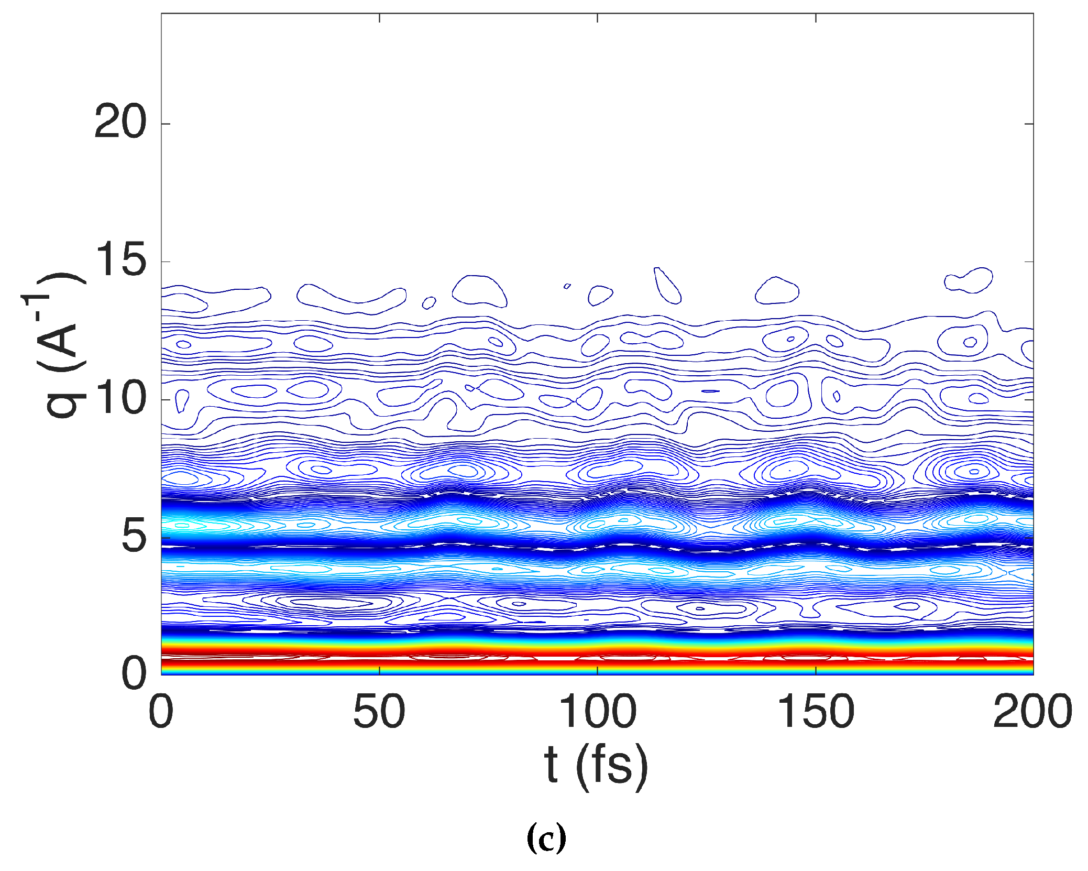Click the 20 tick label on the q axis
pos(119,124)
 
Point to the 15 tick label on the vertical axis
pos(119,262)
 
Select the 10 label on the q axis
pos(119,399)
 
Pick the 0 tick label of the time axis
pos(161,712)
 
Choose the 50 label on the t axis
pos(379,712)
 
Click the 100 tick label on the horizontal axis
pos(597,712)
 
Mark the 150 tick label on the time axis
pos(816,712)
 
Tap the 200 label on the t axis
pos(1032,712)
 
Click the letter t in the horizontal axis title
pos(551,766)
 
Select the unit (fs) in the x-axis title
pos(611,767)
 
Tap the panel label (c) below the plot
pos(546,837)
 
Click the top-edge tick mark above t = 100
pos(597,17)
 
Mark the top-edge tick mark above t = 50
pos(379,17)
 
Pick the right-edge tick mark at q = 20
pos(1029,124)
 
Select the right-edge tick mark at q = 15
pos(1029,262)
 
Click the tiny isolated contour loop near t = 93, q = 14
pos(567,286)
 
